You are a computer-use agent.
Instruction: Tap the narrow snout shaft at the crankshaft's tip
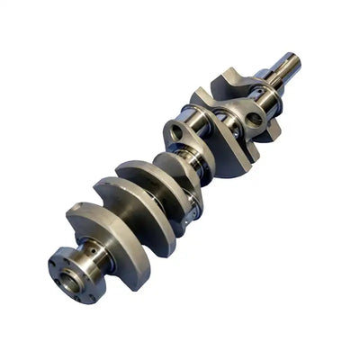click(286, 67)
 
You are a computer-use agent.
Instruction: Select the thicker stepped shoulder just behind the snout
click(269, 82)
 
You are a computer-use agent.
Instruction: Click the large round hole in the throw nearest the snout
click(252, 118)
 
